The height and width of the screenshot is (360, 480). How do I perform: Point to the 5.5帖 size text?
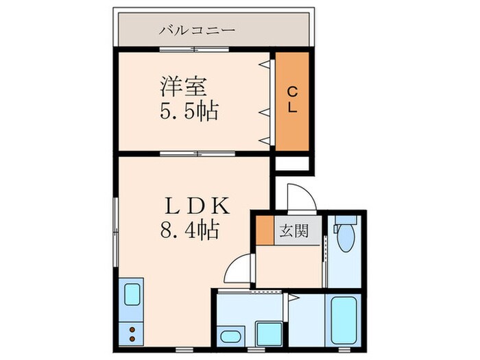(189, 111)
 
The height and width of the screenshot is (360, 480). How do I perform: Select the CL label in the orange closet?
(291, 101)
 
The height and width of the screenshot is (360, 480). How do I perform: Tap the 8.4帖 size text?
(189, 230)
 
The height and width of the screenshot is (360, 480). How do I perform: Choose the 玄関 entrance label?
(293, 231)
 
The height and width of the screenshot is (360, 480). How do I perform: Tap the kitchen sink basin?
(132, 295)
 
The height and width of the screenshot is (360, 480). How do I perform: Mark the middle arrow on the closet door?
(263, 110)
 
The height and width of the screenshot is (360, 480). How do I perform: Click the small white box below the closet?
(292, 164)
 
